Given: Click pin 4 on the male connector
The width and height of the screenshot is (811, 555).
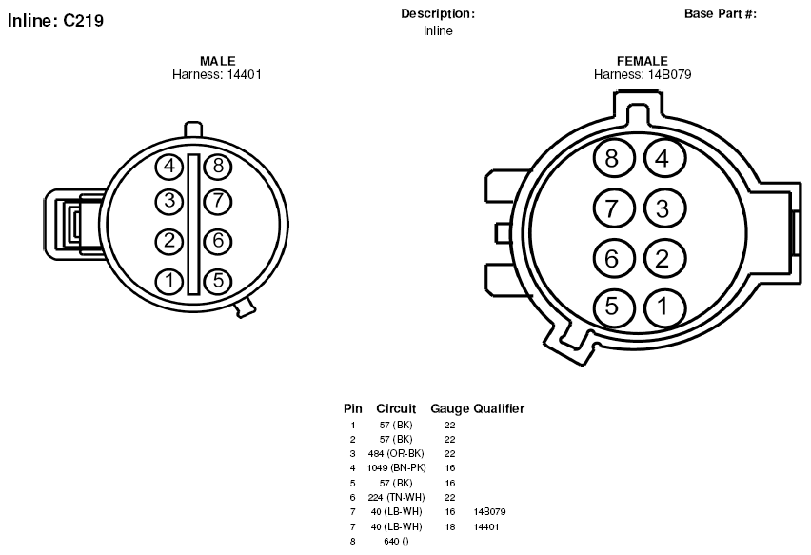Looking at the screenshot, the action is click(x=169, y=167).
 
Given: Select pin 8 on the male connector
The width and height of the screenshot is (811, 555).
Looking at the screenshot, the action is click(x=218, y=166).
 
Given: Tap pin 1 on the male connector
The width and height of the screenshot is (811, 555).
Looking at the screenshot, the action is click(x=169, y=281).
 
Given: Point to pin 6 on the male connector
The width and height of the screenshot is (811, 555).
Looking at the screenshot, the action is click(x=218, y=241).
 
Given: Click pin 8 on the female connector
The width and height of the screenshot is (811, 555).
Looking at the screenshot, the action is click(x=612, y=158).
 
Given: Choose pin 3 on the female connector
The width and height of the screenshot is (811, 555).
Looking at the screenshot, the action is click(x=664, y=209).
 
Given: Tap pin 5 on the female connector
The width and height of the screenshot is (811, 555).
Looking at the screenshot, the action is click(x=613, y=307).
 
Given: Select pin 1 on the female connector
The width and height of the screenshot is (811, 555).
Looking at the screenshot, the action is click(x=664, y=307).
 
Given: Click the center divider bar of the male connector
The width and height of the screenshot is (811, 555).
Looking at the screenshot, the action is click(x=193, y=225).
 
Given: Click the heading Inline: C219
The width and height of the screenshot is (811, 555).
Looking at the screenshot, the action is click(x=55, y=21).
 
